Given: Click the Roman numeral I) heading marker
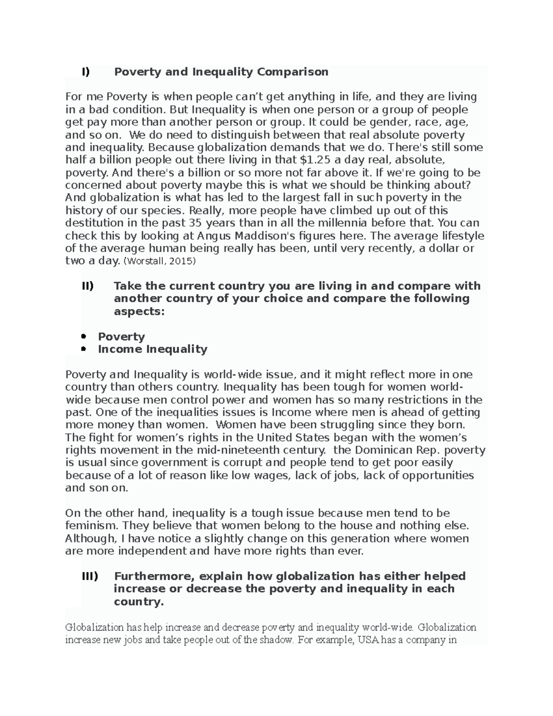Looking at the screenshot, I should click(x=85, y=72).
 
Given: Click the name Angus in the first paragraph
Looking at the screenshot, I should click(x=215, y=236).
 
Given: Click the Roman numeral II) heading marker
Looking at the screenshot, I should click(x=88, y=286).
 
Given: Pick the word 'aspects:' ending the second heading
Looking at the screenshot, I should click(x=139, y=311).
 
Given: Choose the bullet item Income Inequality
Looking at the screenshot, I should click(x=153, y=349).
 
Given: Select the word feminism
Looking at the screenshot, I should click(x=90, y=526).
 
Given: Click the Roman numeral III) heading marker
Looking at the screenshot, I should click(x=89, y=576).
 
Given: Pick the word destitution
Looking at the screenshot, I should click(x=96, y=223).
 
